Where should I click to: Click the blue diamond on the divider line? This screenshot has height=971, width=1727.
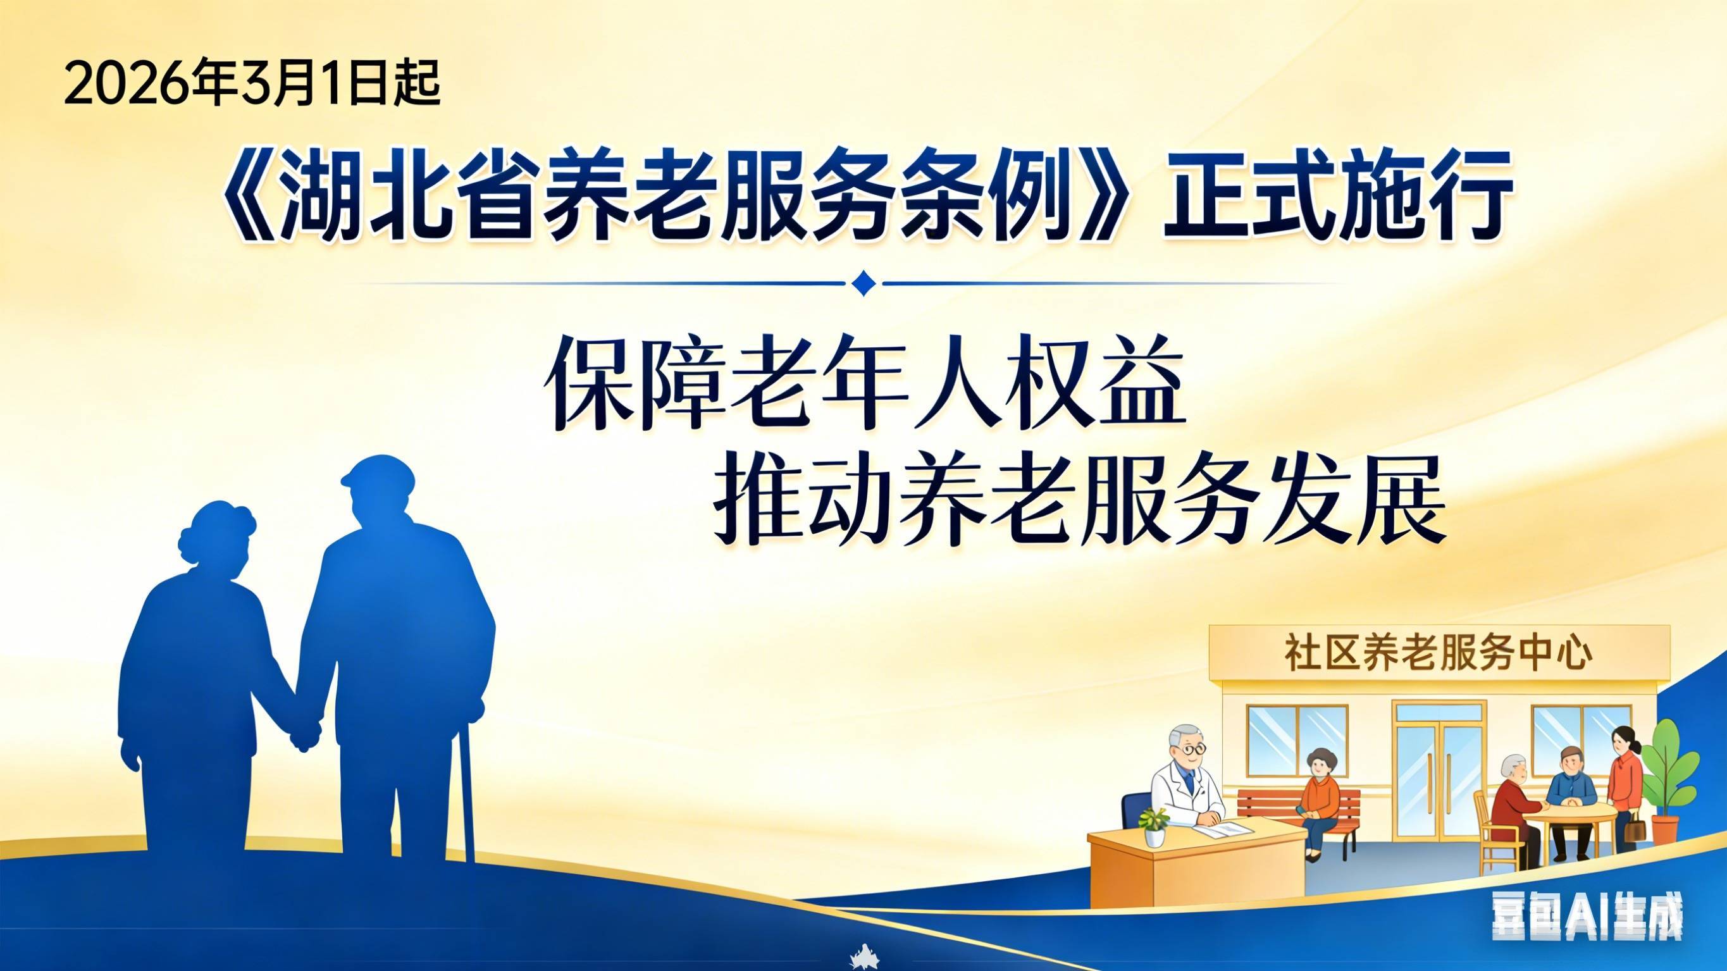[x=863, y=283]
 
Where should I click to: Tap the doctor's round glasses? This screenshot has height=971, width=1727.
[x=1191, y=748]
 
